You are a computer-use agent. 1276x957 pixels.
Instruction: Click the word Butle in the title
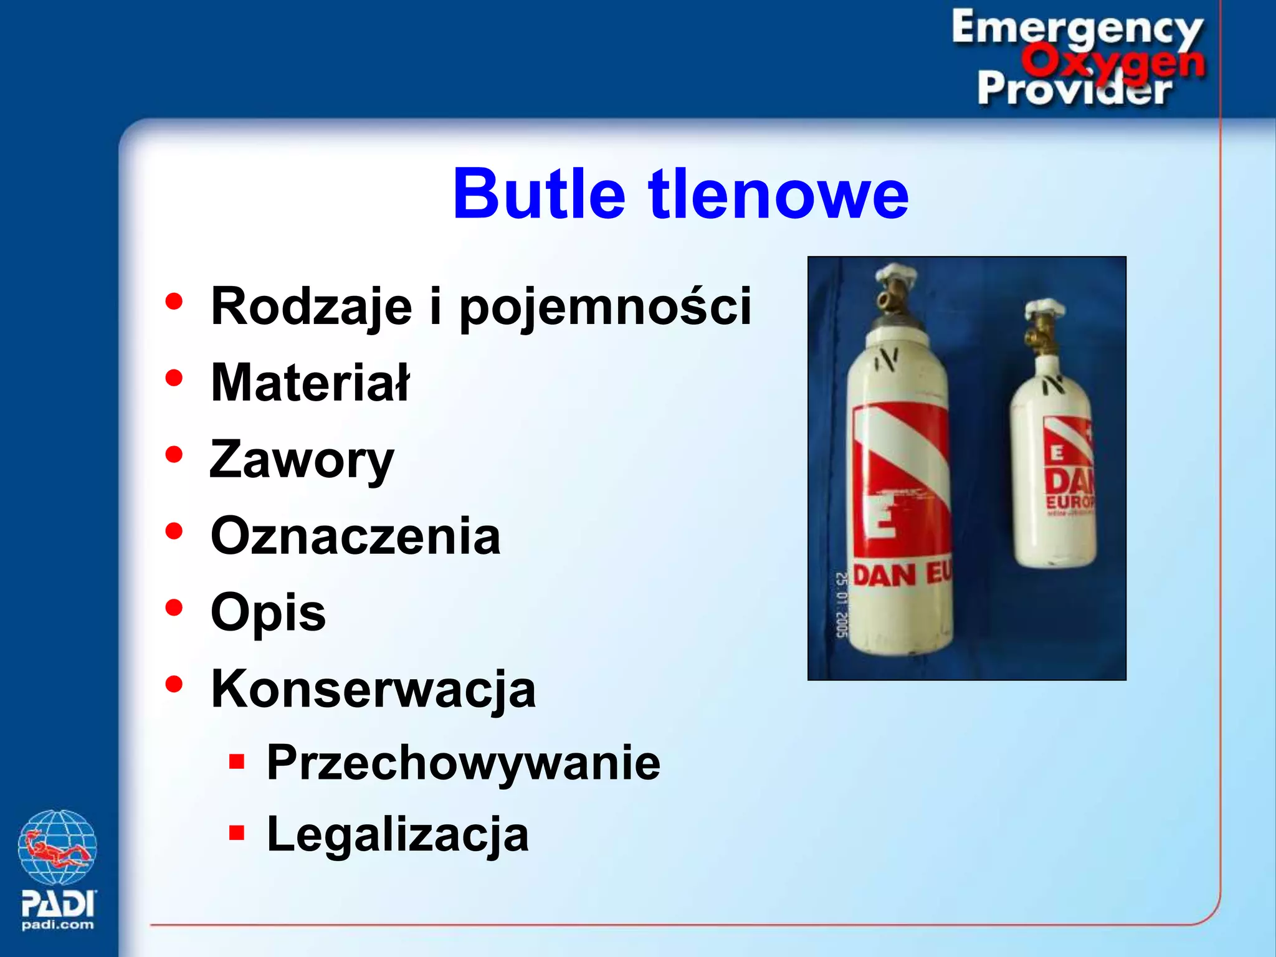539,194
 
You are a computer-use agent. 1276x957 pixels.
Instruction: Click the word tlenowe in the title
779,194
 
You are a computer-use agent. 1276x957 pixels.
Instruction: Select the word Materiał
310,383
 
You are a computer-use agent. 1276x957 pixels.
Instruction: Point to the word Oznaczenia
356,536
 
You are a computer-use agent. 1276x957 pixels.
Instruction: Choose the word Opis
269,612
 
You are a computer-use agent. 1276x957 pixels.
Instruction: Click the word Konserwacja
373,689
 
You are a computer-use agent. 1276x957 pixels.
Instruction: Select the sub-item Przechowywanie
464,763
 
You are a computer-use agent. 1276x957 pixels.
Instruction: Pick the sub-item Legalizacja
398,834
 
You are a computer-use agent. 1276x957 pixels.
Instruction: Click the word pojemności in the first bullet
605,306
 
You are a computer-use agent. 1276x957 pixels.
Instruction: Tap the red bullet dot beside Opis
174,607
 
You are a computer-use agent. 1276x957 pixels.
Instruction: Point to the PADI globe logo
57,847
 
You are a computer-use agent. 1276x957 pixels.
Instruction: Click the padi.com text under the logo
57,925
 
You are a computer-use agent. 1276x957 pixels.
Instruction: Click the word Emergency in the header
1077,28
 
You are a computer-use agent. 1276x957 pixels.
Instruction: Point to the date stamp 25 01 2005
841,605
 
